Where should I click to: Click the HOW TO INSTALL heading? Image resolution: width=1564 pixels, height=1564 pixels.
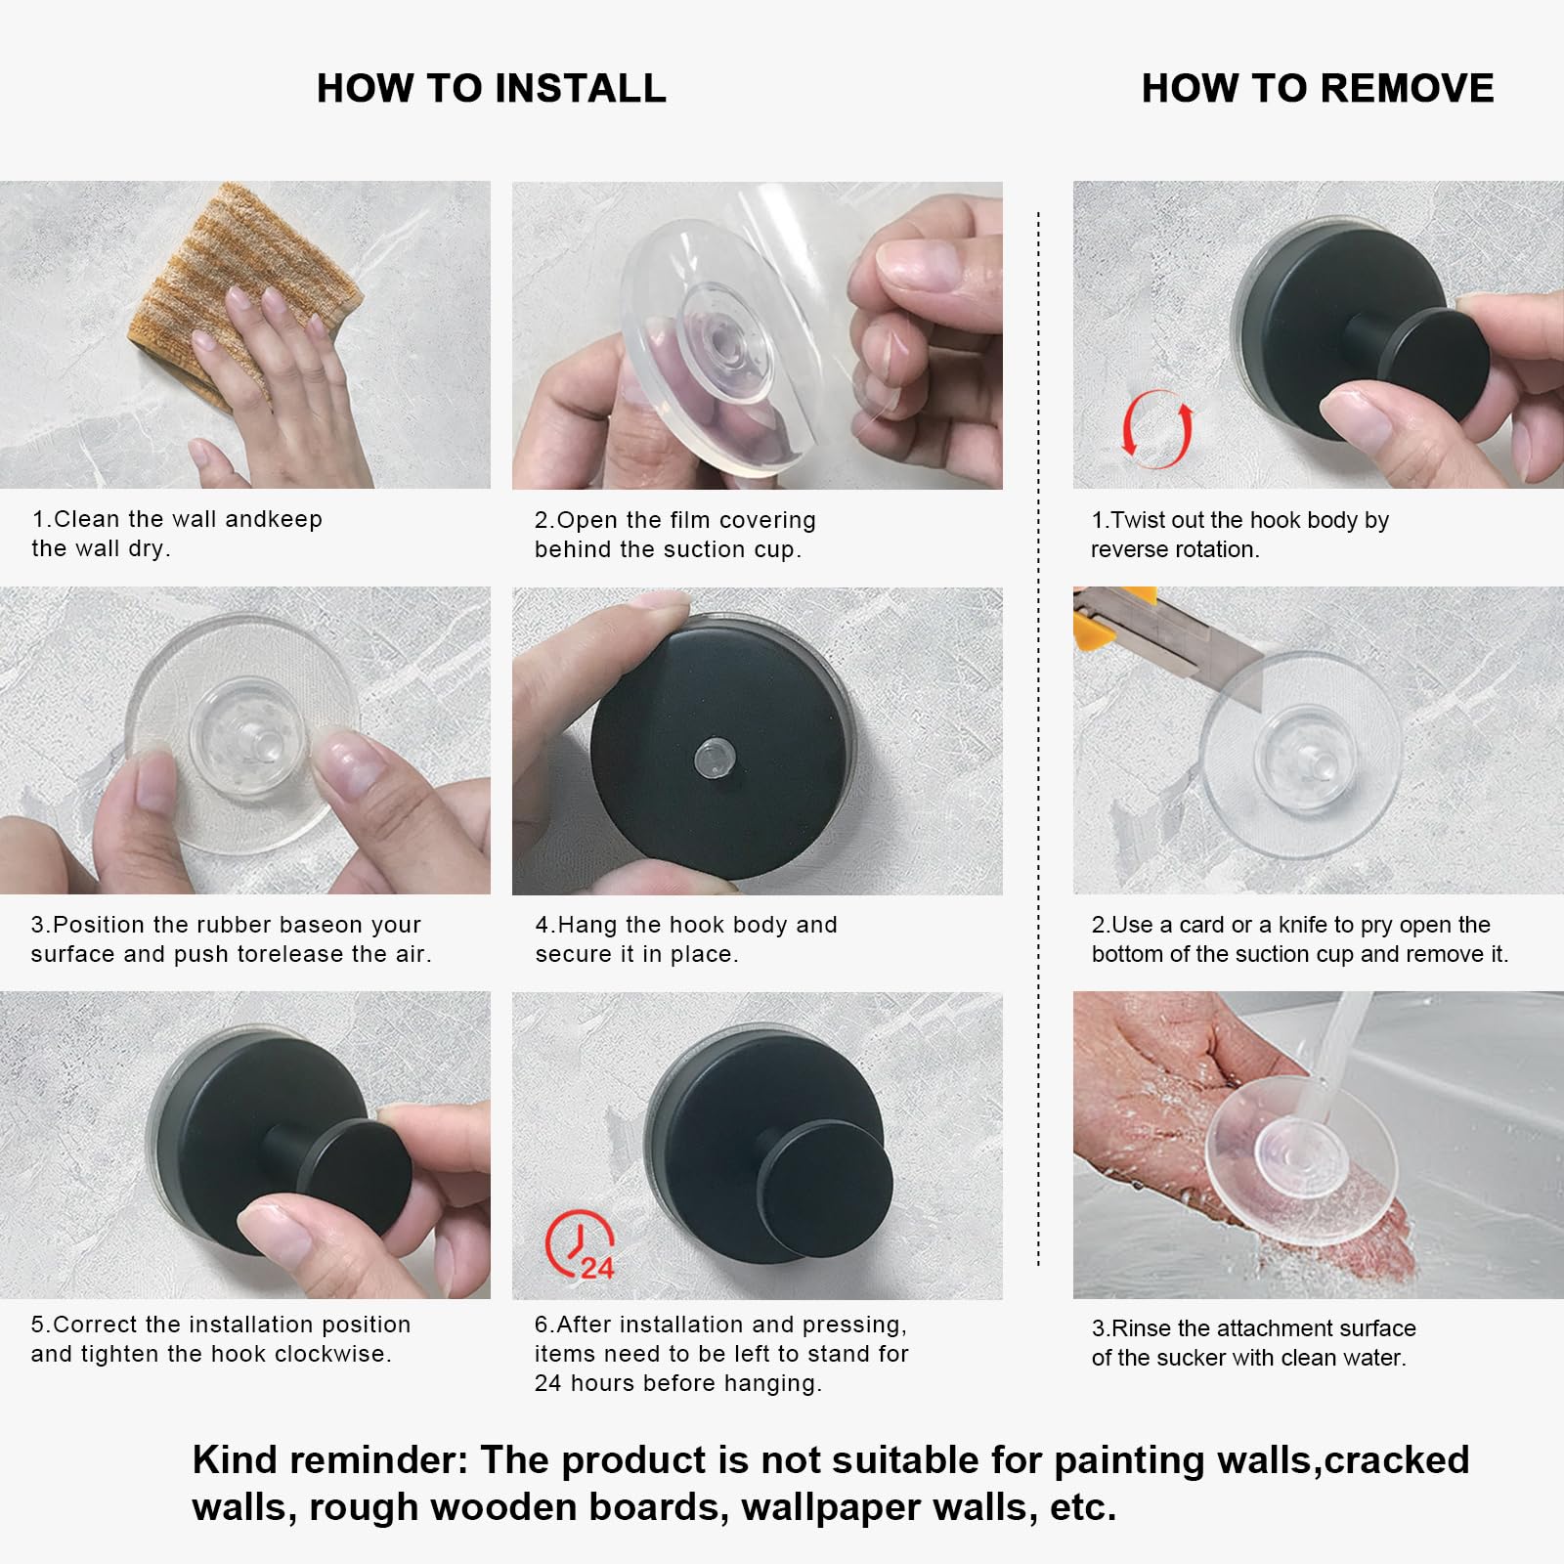492,88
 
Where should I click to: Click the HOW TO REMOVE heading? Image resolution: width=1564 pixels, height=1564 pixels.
1318,88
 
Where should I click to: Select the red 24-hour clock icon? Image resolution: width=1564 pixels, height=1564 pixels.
579,1244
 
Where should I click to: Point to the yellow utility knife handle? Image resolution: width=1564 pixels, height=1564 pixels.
1114,617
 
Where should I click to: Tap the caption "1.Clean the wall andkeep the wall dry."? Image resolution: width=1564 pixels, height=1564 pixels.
177,534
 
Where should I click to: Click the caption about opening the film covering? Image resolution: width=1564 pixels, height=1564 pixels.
675,535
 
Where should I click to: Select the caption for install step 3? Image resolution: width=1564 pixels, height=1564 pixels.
231,939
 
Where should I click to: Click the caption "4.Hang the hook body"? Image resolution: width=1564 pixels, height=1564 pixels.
686,939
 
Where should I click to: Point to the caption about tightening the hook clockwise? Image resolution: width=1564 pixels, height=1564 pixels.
221,1339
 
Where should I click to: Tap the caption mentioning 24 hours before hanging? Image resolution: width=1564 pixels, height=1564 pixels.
721,1354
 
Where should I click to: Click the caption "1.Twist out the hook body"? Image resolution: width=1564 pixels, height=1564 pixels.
1240,535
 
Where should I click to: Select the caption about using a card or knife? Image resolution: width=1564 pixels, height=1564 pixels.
1300,939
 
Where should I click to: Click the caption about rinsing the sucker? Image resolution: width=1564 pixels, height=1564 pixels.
1254,1343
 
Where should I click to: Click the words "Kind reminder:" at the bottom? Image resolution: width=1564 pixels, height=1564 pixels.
329,1460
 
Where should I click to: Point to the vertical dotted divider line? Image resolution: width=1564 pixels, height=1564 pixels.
1038,739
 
